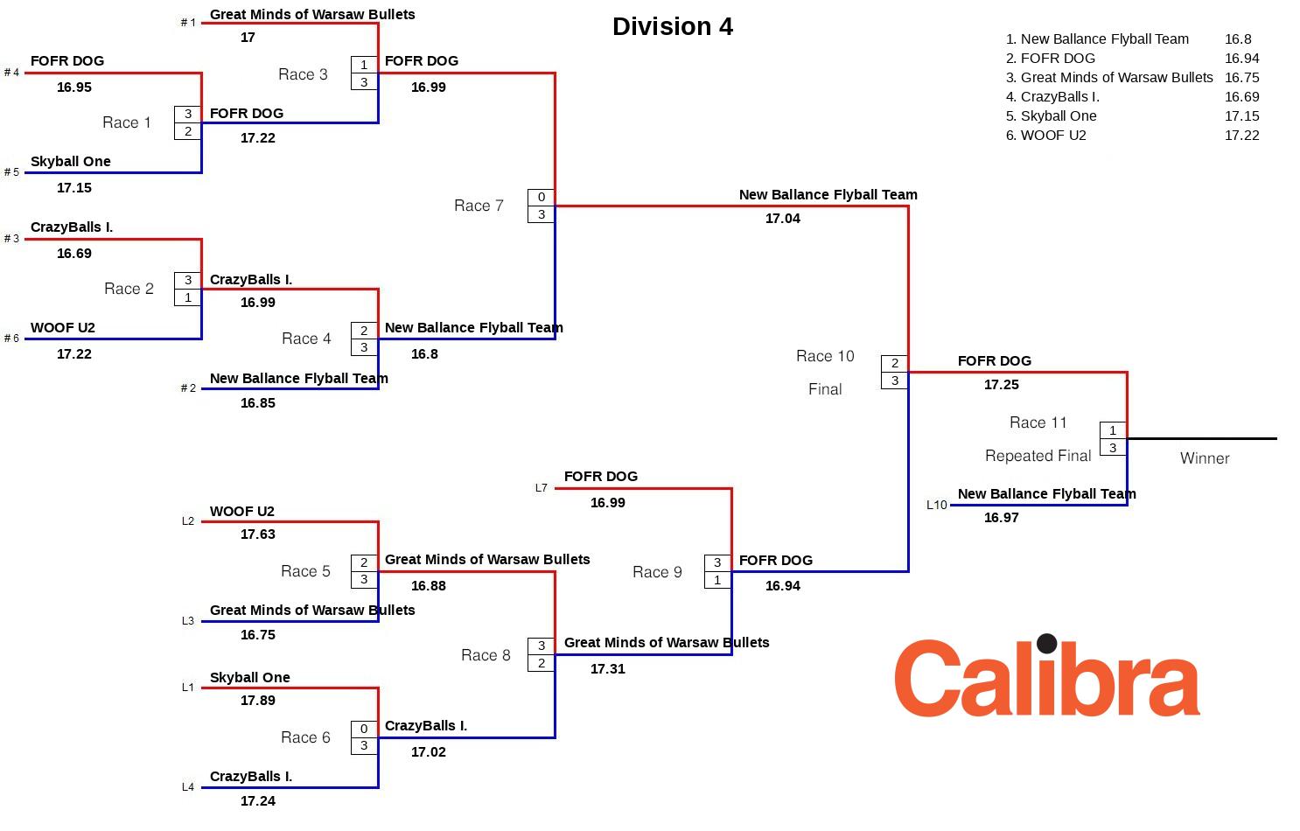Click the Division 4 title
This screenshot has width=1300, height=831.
pyautogui.click(x=672, y=26)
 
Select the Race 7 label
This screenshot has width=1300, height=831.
pyautogui.click(x=479, y=206)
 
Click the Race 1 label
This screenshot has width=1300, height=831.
pyautogui.click(x=127, y=122)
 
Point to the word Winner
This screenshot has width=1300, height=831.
pyautogui.click(x=1205, y=458)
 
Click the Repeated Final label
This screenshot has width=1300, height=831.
pyautogui.click(x=1038, y=456)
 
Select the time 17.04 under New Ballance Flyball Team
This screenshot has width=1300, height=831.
pyautogui.click(x=782, y=219)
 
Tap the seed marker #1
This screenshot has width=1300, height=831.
pyautogui.click(x=188, y=23)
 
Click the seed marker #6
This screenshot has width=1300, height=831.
pyautogui.click(x=11, y=339)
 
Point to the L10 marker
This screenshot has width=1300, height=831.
pyautogui.click(x=936, y=505)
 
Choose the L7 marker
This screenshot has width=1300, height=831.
pyautogui.click(x=541, y=488)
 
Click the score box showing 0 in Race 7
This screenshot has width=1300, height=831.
pyautogui.click(x=542, y=198)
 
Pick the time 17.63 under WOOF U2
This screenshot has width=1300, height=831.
pyautogui.click(x=257, y=534)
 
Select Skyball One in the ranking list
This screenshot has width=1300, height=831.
pyautogui.click(x=1058, y=116)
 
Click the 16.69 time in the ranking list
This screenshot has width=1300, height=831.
pyautogui.click(x=1241, y=97)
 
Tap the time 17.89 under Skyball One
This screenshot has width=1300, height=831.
pyautogui.click(x=257, y=701)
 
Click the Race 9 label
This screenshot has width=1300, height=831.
pyautogui.click(x=657, y=572)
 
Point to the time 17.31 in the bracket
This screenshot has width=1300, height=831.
pyautogui.click(x=607, y=669)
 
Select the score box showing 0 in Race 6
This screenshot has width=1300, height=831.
pyautogui.click(x=364, y=729)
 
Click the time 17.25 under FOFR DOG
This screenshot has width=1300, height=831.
pyautogui.click(x=1001, y=385)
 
